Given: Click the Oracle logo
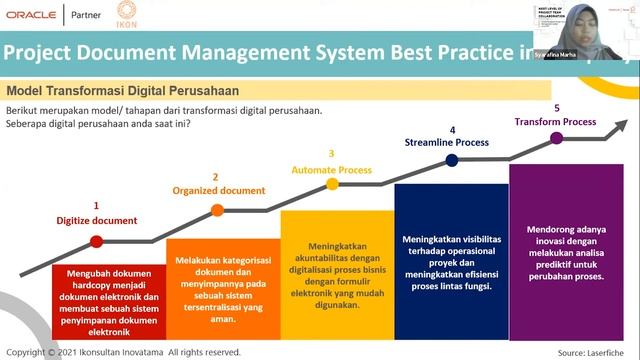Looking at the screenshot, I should coord(30,16).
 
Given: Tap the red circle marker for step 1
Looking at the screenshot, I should coord(97,241).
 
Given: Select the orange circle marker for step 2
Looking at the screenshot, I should coord(217,210).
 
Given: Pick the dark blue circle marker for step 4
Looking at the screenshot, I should coord(452,159).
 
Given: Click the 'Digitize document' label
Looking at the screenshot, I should coord(96,221).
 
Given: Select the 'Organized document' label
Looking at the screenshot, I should coord(219,190).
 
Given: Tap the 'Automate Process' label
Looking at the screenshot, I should coord(331,170).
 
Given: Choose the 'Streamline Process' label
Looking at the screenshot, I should coord(447,142).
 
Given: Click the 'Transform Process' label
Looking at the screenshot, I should coord(555,122).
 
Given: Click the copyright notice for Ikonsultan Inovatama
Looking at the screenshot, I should coord(123,352).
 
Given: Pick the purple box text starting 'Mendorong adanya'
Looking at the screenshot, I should coord(566,252).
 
